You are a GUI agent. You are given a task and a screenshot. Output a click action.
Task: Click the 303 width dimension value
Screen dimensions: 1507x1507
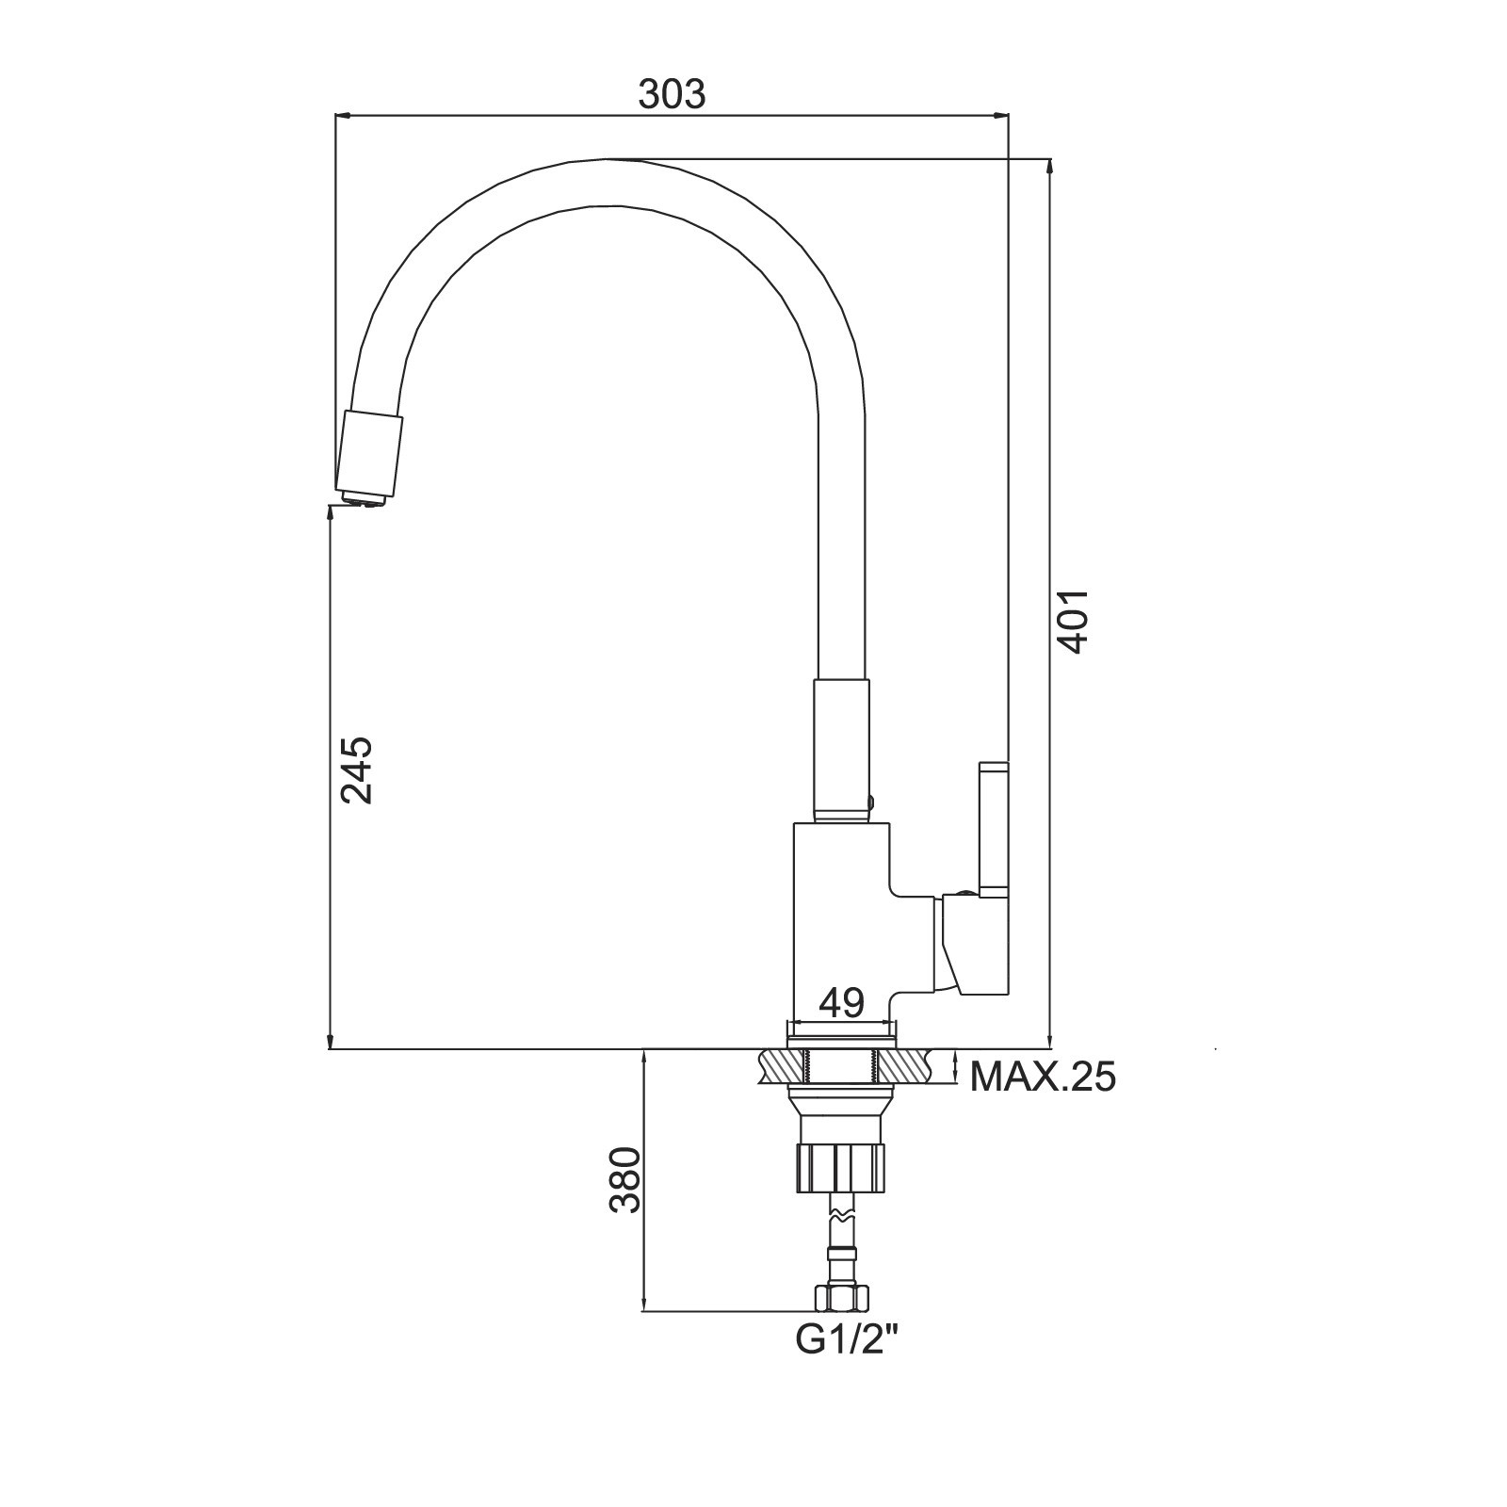[x=672, y=93]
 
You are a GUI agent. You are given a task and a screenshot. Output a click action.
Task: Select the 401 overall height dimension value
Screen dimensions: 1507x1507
[x=1073, y=622]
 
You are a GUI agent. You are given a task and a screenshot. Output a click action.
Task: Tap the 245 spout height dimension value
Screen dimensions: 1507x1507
[x=357, y=770]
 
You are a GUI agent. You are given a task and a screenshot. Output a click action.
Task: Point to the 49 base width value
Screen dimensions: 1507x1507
[x=841, y=1002]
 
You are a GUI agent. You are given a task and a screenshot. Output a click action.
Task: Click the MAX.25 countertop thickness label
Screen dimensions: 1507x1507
[x=1043, y=1076]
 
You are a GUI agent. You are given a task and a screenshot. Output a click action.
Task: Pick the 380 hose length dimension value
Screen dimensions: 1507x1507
[x=625, y=1179]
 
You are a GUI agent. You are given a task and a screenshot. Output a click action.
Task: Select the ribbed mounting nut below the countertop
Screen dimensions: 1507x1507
[x=842, y=1168]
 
